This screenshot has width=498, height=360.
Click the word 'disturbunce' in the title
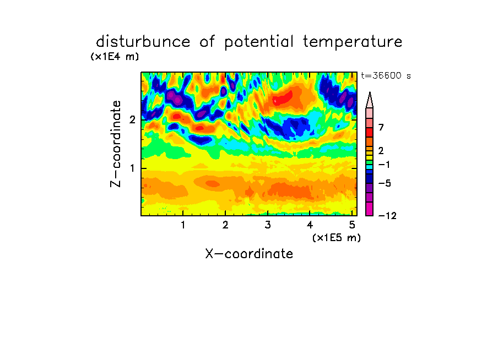pyautogui.click(x=143, y=42)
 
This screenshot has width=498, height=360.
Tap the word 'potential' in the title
pyautogui.click(x=259, y=42)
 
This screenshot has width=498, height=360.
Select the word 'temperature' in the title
pyautogui.click(x=353, y=42)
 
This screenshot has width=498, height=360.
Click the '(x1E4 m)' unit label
pyautogui.click(x=115, y=57)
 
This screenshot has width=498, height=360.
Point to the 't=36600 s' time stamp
pyautogui.click(x=386, y=75)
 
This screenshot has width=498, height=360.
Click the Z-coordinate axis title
pyautogui.click(x=116, y=144)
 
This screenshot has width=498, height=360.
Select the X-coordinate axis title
pyautogui.click(x=249, y=254)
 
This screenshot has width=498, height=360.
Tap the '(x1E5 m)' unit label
pyautogui.click(x=337, y=237)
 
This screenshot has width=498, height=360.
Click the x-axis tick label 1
pyautogui.click(x=183, y=225)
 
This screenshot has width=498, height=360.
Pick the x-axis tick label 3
pyautogui.click(x=268, y=225)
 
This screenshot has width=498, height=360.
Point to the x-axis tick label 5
pyautogui.click(x=352, y=225)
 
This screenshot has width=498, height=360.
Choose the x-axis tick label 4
pyautogui.click(x=310, y=225)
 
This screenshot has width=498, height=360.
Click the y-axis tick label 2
pyautogui.click(x=132, y=119)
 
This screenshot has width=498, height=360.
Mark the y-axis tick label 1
pyautogui.click(x=132, y=168)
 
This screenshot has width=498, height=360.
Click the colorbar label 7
pyautogui.click(x=381, y=127)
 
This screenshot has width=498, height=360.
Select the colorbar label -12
pyautogui.click(x=387, y=216)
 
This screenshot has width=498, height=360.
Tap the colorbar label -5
pyautogui.click(x=385, y=183)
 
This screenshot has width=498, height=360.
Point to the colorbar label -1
pyautogui.click(x=385, y=165)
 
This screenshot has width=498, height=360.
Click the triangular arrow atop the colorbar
pyautogui.click(x=370, y=100)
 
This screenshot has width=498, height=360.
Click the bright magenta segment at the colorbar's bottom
pyautogui.click(x=370, y=209)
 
